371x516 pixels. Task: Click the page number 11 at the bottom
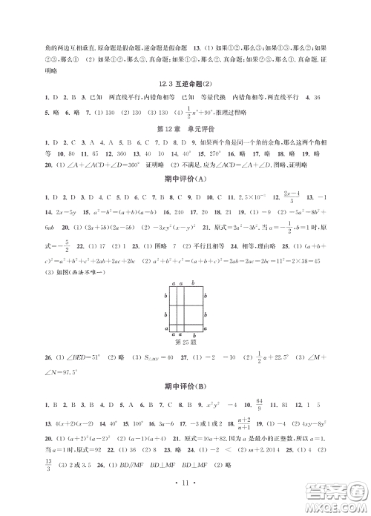pos(185,502)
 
